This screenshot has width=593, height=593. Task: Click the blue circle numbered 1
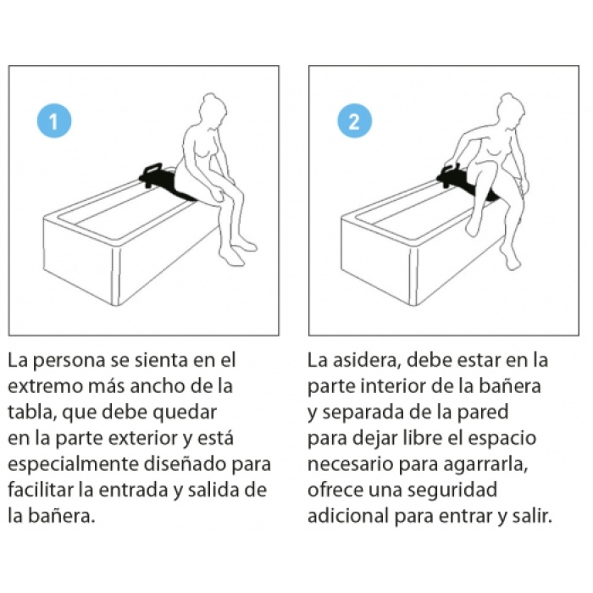pos(54,121)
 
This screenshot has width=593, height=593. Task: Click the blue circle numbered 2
pos(354,121)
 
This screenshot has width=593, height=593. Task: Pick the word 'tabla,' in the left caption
pos(32,413)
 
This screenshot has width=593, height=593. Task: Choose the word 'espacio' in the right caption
pos(502,439)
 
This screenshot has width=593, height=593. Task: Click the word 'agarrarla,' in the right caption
pos(485,465)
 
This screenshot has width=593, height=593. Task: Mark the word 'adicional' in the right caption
pos(348,516)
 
